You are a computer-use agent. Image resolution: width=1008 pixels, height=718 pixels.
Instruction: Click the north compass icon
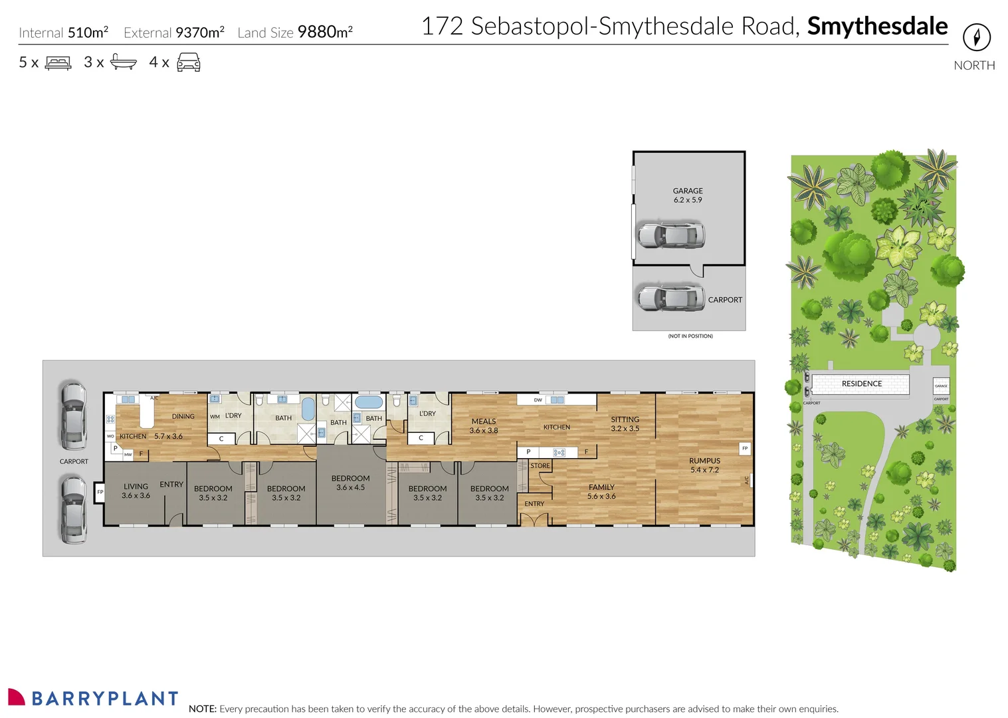tap(976, 37)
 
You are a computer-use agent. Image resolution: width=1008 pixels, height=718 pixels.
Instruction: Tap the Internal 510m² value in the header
tap(88, 33)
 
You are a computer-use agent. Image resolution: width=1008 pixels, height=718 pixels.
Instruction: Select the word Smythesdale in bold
tap(877, 27)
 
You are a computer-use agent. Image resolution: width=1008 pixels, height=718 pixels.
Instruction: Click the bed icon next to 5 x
tap(58, 63)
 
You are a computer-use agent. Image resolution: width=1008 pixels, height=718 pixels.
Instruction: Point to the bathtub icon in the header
tap(124, 62)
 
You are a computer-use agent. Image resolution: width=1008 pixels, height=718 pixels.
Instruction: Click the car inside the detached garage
tap(670, 235)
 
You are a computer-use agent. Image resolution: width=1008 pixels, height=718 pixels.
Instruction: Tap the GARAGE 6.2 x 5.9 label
tap(688, 195)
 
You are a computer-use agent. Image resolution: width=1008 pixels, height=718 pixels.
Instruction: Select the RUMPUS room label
tap(704, 465)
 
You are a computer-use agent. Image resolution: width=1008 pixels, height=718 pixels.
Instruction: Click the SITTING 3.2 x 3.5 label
tap(625, 424)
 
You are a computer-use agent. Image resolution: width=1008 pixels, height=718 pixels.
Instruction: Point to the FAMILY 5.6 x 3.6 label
tap(601, 491)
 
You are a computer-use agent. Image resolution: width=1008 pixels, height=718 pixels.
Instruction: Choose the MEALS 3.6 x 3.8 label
tap(484, 425)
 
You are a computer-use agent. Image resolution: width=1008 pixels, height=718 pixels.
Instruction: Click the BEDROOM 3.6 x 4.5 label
tap(350, 483)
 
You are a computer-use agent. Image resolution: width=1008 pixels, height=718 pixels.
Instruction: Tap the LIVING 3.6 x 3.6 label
tap(136, 491)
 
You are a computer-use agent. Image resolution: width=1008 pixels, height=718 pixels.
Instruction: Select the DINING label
tap(183, 417)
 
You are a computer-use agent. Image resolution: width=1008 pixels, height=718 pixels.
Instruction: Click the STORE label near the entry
tap(540, 466)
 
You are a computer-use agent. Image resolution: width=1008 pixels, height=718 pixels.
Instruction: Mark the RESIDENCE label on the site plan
tap(861, 384)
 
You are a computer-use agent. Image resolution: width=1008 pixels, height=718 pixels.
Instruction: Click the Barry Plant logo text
tap(105, 699)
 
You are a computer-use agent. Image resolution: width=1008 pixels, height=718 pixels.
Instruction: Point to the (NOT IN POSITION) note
tap(690, 336)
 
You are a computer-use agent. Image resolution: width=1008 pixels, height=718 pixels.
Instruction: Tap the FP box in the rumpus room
tap(745, 448)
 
